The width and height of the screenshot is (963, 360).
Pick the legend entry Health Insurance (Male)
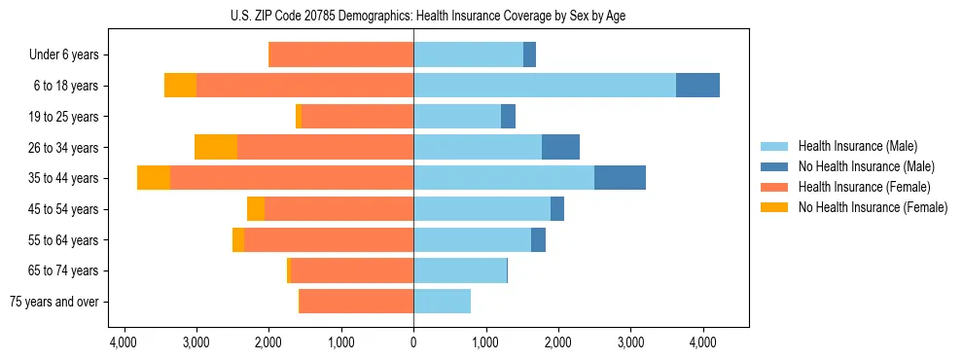[858, 146]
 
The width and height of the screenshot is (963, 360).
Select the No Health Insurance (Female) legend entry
[872, 207]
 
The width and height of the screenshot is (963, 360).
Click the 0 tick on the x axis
[413, 342]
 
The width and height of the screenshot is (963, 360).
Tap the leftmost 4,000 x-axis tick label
[124, 342]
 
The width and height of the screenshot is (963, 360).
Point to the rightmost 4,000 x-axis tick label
[703, 342]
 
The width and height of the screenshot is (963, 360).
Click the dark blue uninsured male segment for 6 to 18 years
[697, 86]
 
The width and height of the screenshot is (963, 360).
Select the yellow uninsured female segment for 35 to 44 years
[154, 178]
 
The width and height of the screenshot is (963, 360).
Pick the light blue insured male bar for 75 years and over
[442, 302]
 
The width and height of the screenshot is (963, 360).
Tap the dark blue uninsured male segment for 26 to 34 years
[560, 147]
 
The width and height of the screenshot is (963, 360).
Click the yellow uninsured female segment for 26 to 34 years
[216, 147]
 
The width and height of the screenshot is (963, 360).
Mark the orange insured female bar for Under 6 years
[340, 54]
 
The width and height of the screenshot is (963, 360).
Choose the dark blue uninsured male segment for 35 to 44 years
[620, 178]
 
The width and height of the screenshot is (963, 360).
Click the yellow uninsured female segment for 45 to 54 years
[256, 209]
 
